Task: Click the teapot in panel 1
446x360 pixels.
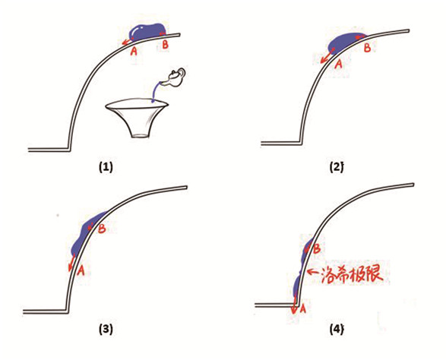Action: coord(175,77)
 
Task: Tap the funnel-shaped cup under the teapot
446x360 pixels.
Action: coord(137,118)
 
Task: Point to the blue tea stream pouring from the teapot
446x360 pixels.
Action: coord(155,92)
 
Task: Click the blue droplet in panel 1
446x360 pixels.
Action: coord(148,32)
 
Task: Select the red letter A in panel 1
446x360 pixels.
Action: coord(134,51)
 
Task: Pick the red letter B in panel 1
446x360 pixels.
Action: coord(165,45)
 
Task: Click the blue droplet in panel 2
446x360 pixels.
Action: coord(345,43)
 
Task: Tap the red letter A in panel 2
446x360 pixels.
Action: coord(338,64)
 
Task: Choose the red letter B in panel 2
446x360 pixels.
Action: coord(367,48)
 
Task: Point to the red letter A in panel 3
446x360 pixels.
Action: coord(81,270)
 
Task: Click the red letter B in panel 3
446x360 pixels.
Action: coord(102,229)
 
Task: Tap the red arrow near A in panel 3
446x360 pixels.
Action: coord(71,263)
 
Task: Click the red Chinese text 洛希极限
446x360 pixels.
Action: coord(350,273)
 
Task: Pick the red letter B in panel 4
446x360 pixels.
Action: coord(317,249)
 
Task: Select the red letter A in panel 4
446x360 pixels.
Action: coord(302,308)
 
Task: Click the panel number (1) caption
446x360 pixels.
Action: coord(106,167)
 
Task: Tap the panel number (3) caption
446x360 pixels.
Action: coord(106,330)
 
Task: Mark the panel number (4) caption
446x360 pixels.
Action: coord(337,330)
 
